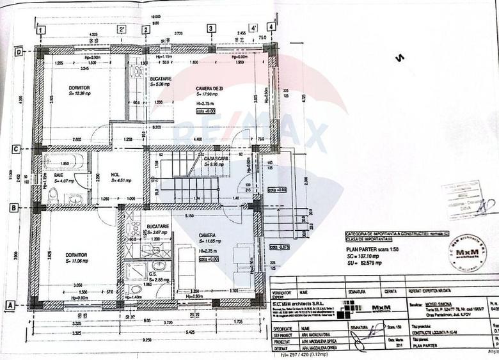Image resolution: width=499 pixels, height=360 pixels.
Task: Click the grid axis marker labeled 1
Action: [41, 29]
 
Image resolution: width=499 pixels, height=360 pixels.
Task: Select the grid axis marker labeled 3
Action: [211, 28]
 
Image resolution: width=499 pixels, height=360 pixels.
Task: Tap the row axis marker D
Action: [19, 52]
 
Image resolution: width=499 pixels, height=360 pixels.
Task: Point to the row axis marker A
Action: [10, 306]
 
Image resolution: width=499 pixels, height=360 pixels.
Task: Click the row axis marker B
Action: [13, 208]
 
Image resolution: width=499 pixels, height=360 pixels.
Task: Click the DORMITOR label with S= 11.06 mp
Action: [77, 254]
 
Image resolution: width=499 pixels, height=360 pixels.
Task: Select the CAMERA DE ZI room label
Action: [205, 88]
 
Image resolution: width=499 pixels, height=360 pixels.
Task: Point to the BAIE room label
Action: [58, 175]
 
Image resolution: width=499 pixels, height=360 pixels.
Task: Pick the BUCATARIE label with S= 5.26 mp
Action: [161, 79]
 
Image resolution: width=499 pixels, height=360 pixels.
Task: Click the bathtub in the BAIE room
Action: [63, 159]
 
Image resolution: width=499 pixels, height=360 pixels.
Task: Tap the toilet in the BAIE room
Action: [53, 195]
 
